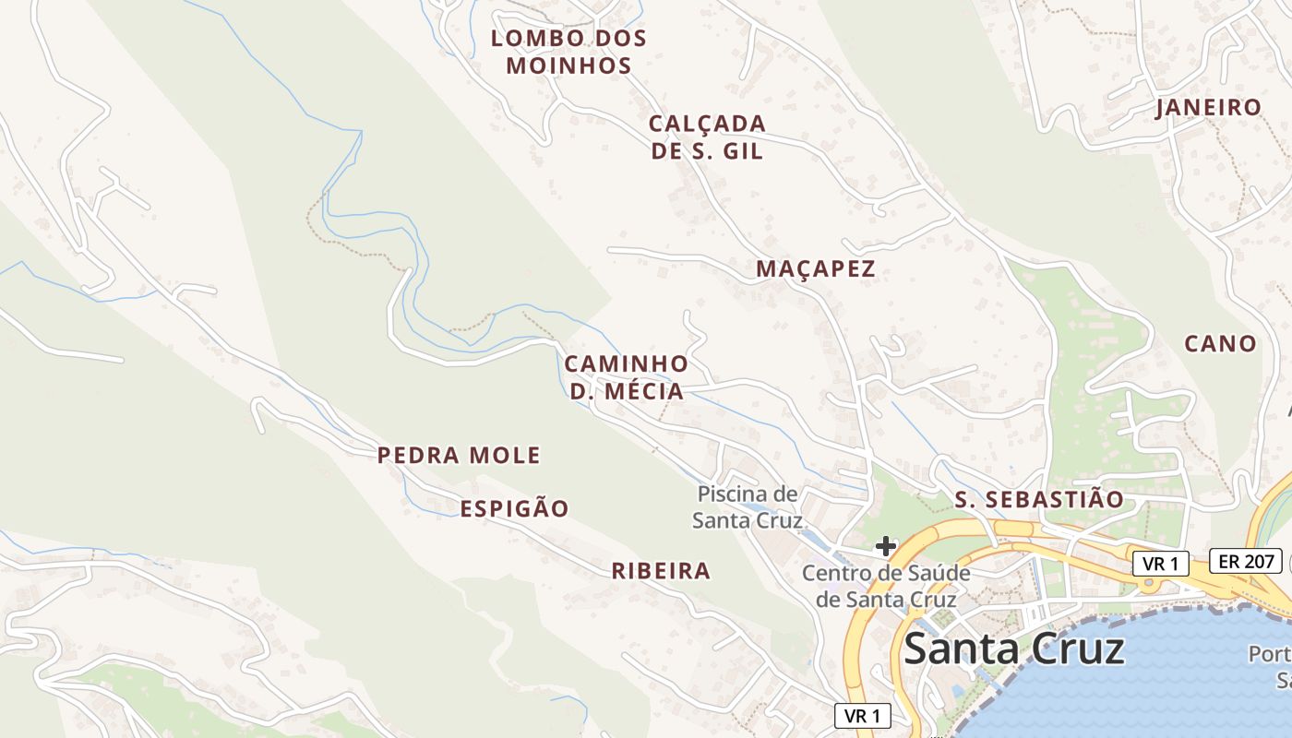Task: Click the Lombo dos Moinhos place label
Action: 568,52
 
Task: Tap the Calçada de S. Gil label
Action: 707,137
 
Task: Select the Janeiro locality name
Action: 1208,107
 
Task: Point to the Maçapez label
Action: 815,269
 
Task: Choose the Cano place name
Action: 1220,343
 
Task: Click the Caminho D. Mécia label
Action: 627,377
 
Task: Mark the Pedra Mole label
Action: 459,455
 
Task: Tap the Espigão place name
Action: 514,508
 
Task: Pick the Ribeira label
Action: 661,571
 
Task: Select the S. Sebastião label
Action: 1039,500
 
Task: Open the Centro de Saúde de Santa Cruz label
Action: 885,586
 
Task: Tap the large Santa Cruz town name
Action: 1013,649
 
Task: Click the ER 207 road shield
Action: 1246,561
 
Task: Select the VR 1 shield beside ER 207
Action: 1161,564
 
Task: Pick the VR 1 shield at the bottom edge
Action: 863,715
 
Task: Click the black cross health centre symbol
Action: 886,546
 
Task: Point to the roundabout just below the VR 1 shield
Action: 1150,584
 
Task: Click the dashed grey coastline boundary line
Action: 1107,616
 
